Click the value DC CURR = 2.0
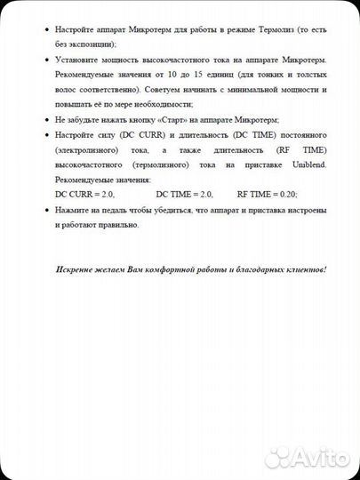tap(85, 194)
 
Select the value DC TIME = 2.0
tap(185, 194)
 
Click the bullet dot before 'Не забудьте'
tap(46, 119)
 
